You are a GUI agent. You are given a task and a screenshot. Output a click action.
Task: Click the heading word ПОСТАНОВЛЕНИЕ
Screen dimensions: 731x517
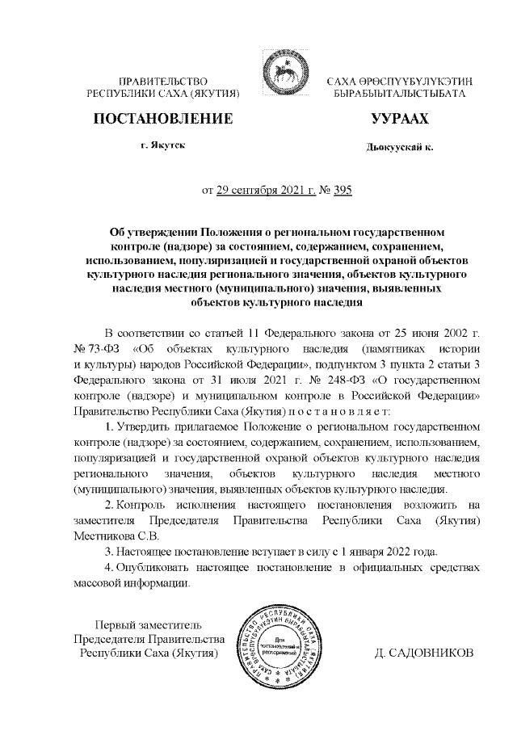(x=164, y=119)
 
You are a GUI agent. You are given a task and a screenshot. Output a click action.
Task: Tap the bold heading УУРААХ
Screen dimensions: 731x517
(x=399, y=119)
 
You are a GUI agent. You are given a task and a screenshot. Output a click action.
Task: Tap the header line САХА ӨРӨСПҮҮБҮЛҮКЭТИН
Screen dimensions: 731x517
(x=399, y=82)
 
